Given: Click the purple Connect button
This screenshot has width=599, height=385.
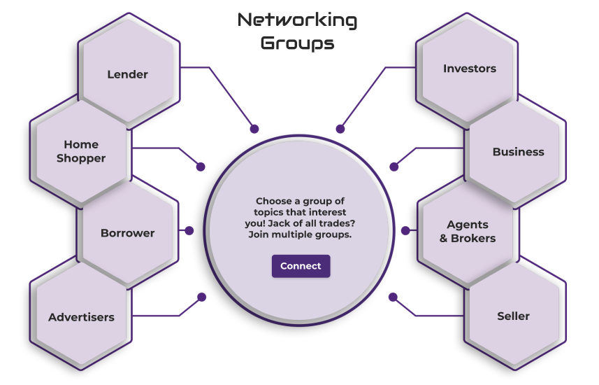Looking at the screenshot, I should [x=301, y=266].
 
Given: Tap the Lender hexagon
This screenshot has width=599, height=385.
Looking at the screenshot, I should [x=128, y=73].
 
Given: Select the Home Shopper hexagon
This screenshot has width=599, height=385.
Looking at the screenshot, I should [x=81, y=151].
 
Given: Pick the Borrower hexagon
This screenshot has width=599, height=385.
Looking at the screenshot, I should [x=127, y=233].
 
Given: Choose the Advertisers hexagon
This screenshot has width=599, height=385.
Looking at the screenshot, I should [x=81, y=317].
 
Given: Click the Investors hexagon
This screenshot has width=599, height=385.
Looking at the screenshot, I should [x=469, y=69].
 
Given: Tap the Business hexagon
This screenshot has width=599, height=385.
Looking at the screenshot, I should [x=518, y=152].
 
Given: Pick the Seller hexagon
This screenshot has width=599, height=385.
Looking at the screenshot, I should [x=513, y=316].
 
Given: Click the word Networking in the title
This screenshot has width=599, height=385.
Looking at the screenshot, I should [x=297, y=20].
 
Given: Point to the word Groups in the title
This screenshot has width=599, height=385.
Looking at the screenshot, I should [x=297, y=43].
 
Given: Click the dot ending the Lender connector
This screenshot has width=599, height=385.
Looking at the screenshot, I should [x=254, y=129].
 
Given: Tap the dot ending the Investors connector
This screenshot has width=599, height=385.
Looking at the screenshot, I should [x=340, y=129].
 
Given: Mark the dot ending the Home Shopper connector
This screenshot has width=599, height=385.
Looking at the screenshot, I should [x=201, y=167].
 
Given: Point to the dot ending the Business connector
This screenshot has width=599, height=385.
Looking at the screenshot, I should [x=394, y=167].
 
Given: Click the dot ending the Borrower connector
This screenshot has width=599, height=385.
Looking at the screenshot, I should [x=189, y=230].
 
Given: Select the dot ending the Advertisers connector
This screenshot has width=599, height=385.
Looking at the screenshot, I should [x=202, y=297].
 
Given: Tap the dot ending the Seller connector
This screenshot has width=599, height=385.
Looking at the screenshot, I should [x=393, y=297].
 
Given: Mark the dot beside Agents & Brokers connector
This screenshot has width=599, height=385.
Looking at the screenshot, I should [x=405, y=230].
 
